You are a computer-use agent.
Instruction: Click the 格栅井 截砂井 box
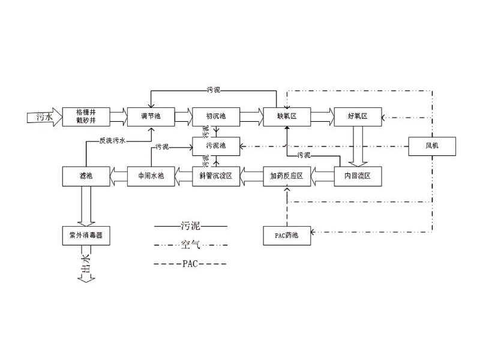pos(86,116)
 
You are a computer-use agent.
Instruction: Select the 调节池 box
pos(150,116)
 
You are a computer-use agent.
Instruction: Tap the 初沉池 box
pos(215,116)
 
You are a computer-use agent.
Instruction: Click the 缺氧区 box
pos(286,116)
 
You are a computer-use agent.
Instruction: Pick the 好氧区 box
pos(358,116)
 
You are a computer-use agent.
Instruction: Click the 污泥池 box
pos(215,146)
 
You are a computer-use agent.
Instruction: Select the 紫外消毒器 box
pos(86,235)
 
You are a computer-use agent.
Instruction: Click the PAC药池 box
pos(286,235)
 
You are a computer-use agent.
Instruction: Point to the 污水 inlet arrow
pos(41,116)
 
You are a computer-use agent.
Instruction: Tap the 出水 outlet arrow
pos(86,273)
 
